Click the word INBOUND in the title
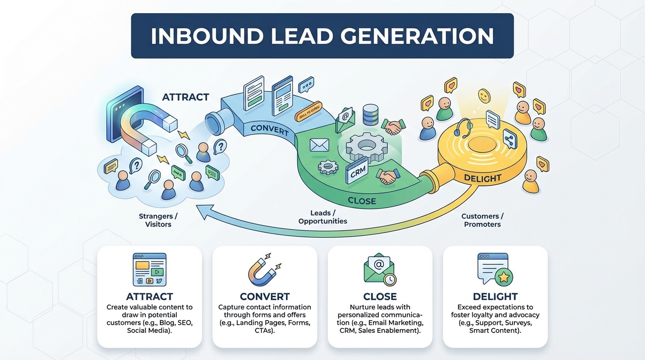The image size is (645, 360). (209, 36)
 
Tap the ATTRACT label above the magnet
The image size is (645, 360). (185, 97)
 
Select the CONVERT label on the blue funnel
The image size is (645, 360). (270, 129)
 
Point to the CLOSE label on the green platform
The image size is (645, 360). (361, 201)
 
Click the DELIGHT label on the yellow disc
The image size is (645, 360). (482, 178)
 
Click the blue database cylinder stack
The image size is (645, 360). (370, 114)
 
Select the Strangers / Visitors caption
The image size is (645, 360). (158, 220)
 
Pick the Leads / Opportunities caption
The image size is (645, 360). (322, 217)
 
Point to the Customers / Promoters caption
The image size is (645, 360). (482, 220)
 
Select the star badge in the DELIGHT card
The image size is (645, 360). (503, 277)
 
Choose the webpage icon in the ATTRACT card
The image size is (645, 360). (149, 269)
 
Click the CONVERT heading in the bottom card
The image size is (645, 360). (264, 297)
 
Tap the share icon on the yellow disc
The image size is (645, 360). (509, 139)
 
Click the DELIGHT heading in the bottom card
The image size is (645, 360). (495, 297)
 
